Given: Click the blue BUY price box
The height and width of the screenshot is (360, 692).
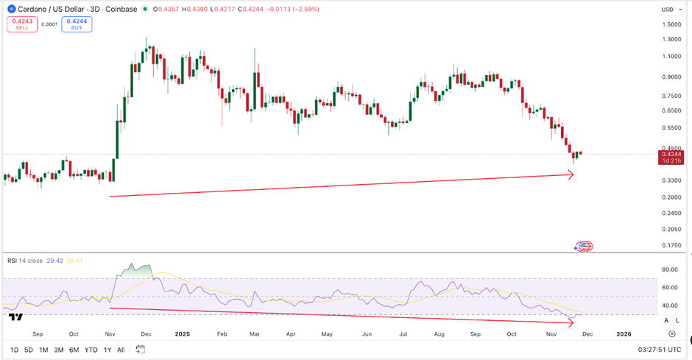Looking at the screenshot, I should pyautogui.click(x=77, y=24).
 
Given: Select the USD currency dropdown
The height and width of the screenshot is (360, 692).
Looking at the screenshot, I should pyautogui.click(x=669, y=10).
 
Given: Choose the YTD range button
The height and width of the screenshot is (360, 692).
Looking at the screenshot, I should pyautogui.click(x=91, y=350).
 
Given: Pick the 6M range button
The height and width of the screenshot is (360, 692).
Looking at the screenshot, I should pyautogui.click(x=74, y=350).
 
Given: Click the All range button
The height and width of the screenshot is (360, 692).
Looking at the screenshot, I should pyautogui.click(x=121, y=350).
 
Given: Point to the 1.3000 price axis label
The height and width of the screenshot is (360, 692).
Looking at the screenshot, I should pyautogui.click(x=670, y=39).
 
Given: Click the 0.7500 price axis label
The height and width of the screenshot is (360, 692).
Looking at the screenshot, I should pyautogui.click(x=670, y=96).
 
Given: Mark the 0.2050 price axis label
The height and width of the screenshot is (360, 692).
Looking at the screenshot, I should pyautogui.click(x=670, y=229).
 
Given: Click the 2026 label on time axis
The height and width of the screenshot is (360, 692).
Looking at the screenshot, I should pyautogui.click(x=624, y=333).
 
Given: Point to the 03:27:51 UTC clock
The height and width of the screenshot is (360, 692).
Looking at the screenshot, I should pyautogui.click(x=660, y=350).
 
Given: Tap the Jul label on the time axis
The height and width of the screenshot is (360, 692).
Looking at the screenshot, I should pyautogui.click(x=403, y=333).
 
